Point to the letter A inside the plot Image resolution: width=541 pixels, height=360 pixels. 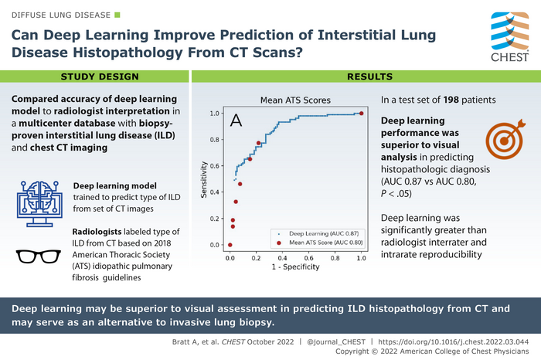[236, 121]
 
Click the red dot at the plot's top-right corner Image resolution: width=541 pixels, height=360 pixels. [361, 114]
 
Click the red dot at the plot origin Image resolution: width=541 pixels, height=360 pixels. [230, 245]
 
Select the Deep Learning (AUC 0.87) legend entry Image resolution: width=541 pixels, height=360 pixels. [317, 232]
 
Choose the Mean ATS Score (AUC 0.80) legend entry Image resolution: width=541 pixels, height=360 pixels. [317, 242]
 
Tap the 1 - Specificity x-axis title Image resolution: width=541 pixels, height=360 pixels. [295, 267]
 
